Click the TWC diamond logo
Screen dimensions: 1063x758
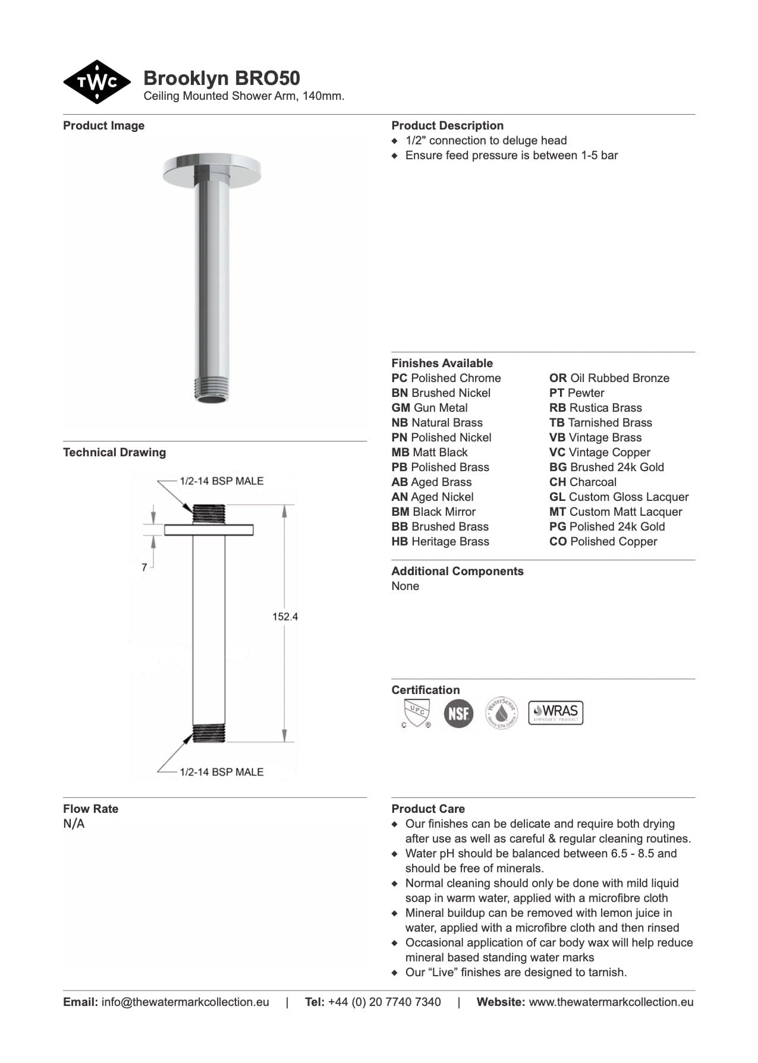coord(97,82)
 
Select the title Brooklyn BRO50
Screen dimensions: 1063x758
coord(221,78)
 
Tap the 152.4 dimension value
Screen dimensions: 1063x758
coord(285,617)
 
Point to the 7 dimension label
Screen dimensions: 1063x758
coord(144,567)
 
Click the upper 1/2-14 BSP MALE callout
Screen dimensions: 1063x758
coord(221,481)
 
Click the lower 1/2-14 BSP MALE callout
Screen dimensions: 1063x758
coord(221,772)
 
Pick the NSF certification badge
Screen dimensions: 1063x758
coord(458,713)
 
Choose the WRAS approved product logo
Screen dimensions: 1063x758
coord(555,712)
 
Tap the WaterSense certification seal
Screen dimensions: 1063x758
coord(502,713)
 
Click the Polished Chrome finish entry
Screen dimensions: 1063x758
coord(446,378)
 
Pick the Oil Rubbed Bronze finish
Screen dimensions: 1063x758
coord(609,378)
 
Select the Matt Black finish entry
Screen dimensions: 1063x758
coord(429,452)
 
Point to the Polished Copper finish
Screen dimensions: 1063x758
coord(603,541)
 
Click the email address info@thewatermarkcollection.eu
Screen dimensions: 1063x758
coord(185,1002)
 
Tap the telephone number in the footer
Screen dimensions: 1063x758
coord(384,1002)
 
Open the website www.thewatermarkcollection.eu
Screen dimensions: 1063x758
coord(611,1002)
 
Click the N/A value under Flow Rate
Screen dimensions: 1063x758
coord(74,824)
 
